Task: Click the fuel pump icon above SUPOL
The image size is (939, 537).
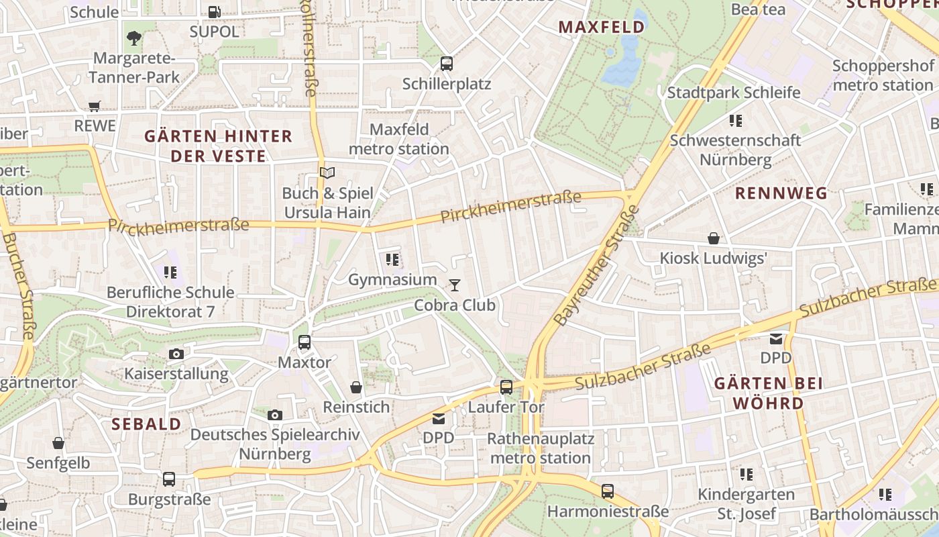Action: click(214, 11)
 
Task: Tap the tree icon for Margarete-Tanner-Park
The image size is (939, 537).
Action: click(134, 38)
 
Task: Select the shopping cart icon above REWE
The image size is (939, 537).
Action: click(95, 105)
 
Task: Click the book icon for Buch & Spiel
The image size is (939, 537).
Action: click(327, 173)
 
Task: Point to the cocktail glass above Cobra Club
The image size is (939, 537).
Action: click(455, 285)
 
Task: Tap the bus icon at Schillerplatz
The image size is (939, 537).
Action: click(447, 64)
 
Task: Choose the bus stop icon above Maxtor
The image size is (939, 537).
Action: click(305, 342)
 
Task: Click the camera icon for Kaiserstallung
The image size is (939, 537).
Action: click(176, 354)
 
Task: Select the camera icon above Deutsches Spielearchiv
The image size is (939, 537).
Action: click(274, 415)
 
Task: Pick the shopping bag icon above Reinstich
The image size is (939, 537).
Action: click(356, 387)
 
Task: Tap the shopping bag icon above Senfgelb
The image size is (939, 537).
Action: click(58, 443)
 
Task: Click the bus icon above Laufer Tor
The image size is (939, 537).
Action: click(506, 387)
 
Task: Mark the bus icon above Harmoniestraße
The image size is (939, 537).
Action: click(608, 491)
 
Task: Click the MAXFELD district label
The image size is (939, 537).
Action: click(602, 27)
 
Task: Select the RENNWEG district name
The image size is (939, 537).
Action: click(781, 193)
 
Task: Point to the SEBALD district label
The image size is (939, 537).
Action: click(146, 424)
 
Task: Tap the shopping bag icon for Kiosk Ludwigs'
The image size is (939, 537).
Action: click(714, 238)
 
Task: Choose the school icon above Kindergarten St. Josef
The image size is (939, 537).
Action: click(746, 475)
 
